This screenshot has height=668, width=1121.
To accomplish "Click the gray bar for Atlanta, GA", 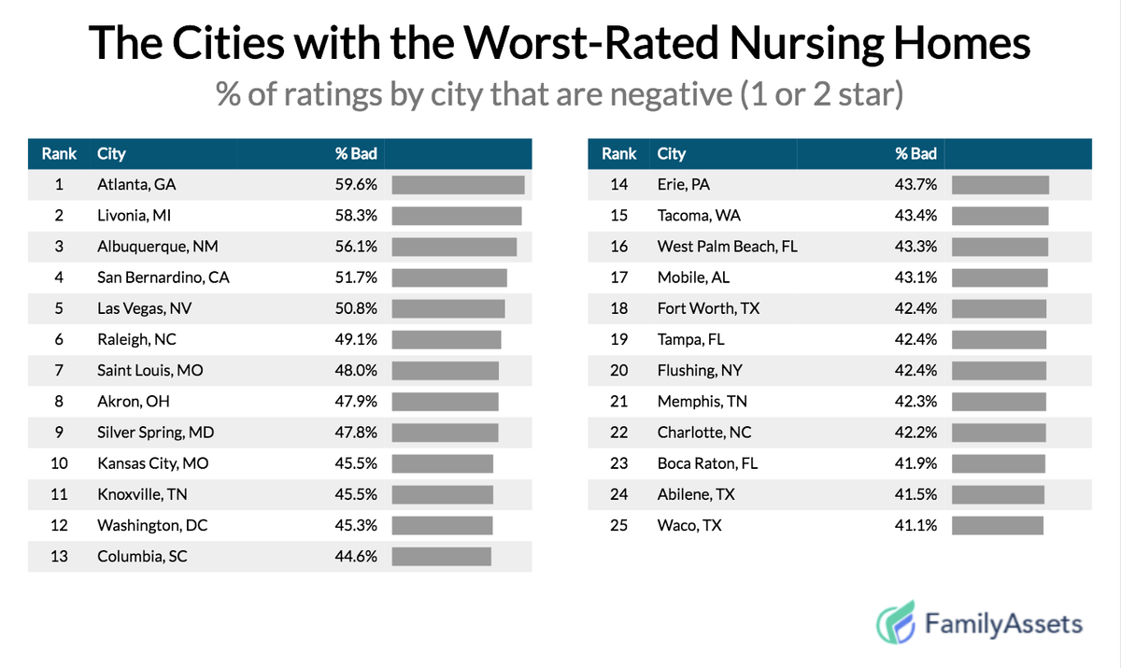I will [x=458, y=185].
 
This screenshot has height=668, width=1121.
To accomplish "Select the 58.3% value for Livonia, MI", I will [x=356, y=216].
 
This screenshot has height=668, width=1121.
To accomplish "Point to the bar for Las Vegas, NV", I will [x=448, y=308].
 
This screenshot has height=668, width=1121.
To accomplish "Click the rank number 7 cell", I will [x=59, y=370].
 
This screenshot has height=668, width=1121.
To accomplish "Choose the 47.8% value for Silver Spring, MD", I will [x=356, y=433].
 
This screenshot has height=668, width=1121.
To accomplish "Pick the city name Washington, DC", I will [x=152, y=525].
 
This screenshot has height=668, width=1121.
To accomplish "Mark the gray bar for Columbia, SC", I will [x=441, y=556].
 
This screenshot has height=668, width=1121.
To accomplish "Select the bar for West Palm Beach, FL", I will [x=1000, y=247].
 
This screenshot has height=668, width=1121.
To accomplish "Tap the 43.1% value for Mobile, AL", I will [x=915, y=277].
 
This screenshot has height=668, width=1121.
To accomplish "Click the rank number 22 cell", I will [x=618, y=433].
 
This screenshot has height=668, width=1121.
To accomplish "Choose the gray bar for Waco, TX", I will [x=997, y=525].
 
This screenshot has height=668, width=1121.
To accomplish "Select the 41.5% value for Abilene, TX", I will [x=915, y=494].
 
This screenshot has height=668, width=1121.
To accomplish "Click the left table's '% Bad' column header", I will [x=356, y=154].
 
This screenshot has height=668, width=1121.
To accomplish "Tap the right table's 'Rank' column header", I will [x=618, y=154].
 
